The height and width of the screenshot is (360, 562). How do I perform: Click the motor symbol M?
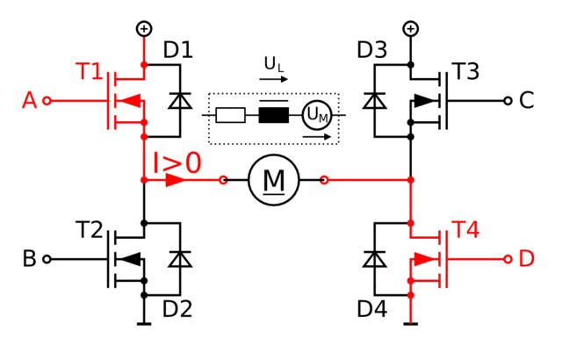(275, 180)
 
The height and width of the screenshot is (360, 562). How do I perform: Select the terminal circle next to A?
(47, 101)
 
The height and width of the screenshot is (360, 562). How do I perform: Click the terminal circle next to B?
(47, 259)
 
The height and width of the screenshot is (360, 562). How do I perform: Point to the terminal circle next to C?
(507, 101)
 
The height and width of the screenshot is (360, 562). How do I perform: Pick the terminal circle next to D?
(507, 259)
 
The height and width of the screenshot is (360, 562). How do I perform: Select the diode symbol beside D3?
(375, 101)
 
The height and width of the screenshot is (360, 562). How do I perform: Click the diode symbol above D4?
(375, 259)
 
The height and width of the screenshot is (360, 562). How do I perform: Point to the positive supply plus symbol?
(143, 29)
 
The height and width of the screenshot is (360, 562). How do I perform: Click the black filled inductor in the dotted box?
(274, 115)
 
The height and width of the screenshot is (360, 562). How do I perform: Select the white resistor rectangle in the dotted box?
(230, 115)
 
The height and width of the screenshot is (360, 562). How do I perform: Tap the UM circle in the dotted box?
(316, 115)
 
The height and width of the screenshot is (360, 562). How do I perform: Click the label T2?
(91, 231)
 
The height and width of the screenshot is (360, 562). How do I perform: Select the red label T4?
(467, 231)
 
